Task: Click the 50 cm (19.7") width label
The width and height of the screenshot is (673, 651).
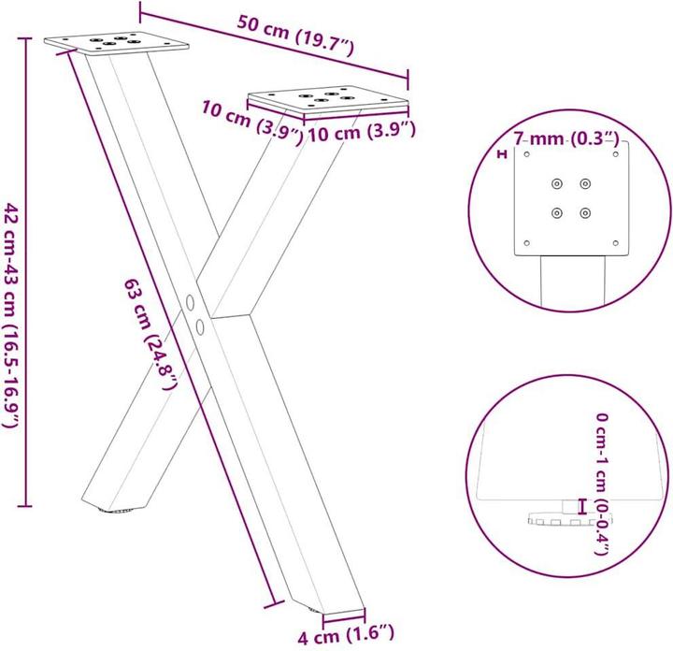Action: (x=294, y=38)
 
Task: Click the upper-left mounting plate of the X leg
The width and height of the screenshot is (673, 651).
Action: (x=118, y=42)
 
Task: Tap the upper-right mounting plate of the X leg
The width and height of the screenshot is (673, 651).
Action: (x=327, y=97)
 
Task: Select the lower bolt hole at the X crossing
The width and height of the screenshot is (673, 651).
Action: (x=201, y=325)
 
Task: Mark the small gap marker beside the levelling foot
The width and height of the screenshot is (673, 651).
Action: (x=581, y=506)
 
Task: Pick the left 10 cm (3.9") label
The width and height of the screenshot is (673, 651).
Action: (x=251, y=122)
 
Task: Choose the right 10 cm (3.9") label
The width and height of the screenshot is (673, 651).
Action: (x=361, y=133)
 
